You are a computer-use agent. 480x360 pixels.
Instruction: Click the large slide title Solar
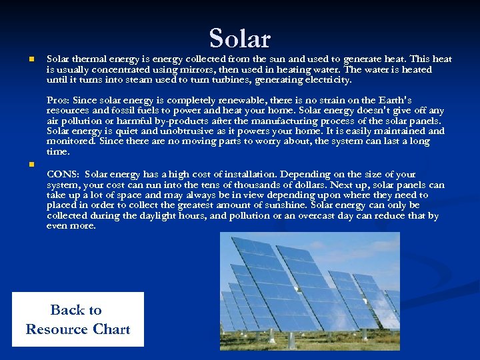point(240,38)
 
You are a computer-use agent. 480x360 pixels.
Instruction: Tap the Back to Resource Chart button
point(77,319)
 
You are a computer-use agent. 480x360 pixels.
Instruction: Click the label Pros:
point(58,100)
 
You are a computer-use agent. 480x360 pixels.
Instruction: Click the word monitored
point(71,141)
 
